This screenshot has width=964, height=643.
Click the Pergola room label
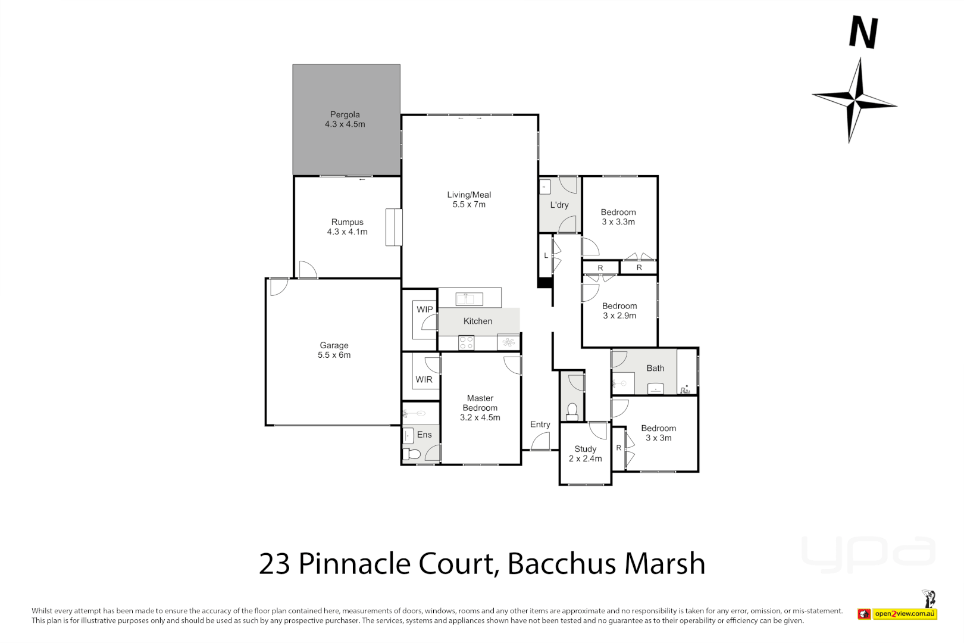pos(345,115)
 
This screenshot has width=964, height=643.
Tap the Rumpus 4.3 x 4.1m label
pos(347,227)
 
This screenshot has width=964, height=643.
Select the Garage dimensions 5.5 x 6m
pos(334,355)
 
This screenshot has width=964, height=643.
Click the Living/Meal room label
pos(469,195)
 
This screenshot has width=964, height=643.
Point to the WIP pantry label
pos(424,310)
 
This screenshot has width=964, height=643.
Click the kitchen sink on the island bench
pos(469,298)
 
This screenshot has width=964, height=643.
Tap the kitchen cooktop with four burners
pos(466,343)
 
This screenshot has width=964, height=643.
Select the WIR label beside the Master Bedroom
pos(424,380)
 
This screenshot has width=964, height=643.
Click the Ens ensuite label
pos(424,435)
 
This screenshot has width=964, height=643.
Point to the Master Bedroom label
pos(480,403)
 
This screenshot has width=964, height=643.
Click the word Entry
pos(540,424)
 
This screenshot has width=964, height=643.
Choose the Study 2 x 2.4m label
pos(585,454)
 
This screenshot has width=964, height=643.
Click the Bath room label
pos(655,369)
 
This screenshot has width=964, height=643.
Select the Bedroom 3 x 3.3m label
pos(618,217)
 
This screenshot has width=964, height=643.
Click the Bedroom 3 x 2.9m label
pos(619,311)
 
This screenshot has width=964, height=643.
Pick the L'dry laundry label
pos(559,205)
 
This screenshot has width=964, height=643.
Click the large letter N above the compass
pos(863,33)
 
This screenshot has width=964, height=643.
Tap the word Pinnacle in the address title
pos(354,563)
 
